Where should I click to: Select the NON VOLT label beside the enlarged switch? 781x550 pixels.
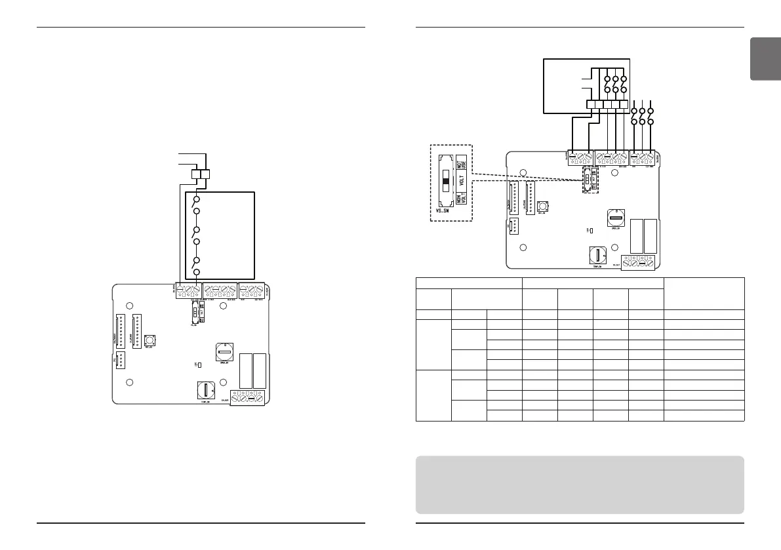coord(462,199)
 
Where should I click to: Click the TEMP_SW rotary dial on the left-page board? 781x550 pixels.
coord(206,391)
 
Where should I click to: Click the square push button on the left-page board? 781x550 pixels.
coord(148,341)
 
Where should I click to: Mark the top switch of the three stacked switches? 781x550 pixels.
coord(195,204)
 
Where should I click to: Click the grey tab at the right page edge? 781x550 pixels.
coord(765,59)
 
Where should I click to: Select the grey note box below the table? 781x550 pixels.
coord(580,484)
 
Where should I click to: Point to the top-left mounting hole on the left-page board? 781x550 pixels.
coord(130,306)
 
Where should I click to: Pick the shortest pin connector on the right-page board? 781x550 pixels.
coord(513,227)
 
